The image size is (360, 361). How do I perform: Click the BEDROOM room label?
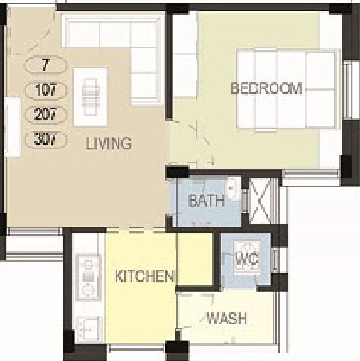[x=266, y=88]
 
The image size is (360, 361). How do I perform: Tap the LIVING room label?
[x=109, y=144]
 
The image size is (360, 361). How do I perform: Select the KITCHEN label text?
[x=144, y=276]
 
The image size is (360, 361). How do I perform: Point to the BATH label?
[x=207, y=200]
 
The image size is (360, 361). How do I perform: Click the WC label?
[x=246, y=259]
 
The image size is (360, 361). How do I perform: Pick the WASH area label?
[x=227, y=319]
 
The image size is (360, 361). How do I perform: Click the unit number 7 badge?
[x=46, y=65]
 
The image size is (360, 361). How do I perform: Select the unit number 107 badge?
[x=46, y=89]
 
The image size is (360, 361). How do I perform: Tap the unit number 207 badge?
[x=46, y=114]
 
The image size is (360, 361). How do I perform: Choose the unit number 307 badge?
[x=46, y=139]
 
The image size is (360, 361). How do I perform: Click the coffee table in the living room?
[x=90, y=97]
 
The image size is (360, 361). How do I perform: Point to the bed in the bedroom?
[x=288, y=88]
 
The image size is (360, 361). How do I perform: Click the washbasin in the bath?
[x=233, y=189]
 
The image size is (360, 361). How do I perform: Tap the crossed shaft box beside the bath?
[x=259, y=200]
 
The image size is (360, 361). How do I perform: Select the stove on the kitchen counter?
[x=88, y=276]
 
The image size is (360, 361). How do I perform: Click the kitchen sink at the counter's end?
[x=88, y=328]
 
